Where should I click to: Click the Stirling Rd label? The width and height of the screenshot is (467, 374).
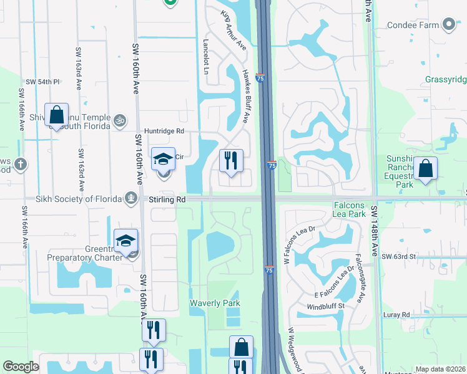coord(167,199)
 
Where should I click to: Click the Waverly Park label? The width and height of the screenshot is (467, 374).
coord(215,303)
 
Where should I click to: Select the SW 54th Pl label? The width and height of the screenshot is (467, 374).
coord(42,82)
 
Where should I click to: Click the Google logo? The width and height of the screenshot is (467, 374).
coord(21,367)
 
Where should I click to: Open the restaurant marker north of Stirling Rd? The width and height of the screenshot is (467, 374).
coord(231,161)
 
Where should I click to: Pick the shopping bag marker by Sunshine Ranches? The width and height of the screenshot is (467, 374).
coord(425,169)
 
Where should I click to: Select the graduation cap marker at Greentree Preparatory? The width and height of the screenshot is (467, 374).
coord(125,241)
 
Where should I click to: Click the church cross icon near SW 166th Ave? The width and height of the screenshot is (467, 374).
coord(21,165)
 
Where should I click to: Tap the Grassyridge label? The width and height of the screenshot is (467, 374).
coord(446,80)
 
